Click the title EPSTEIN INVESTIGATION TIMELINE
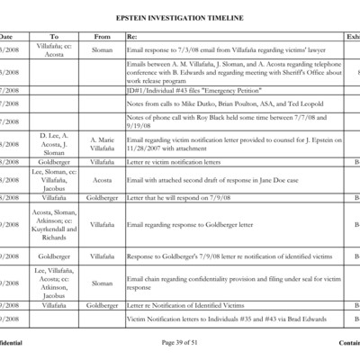[180, 16]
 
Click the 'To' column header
[54, 37]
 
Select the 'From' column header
[103, 37]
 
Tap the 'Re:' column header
[132, 37]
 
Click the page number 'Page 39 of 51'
[179, 343]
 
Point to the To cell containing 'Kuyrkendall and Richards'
[54, 224]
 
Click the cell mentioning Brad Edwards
[225, 319]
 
